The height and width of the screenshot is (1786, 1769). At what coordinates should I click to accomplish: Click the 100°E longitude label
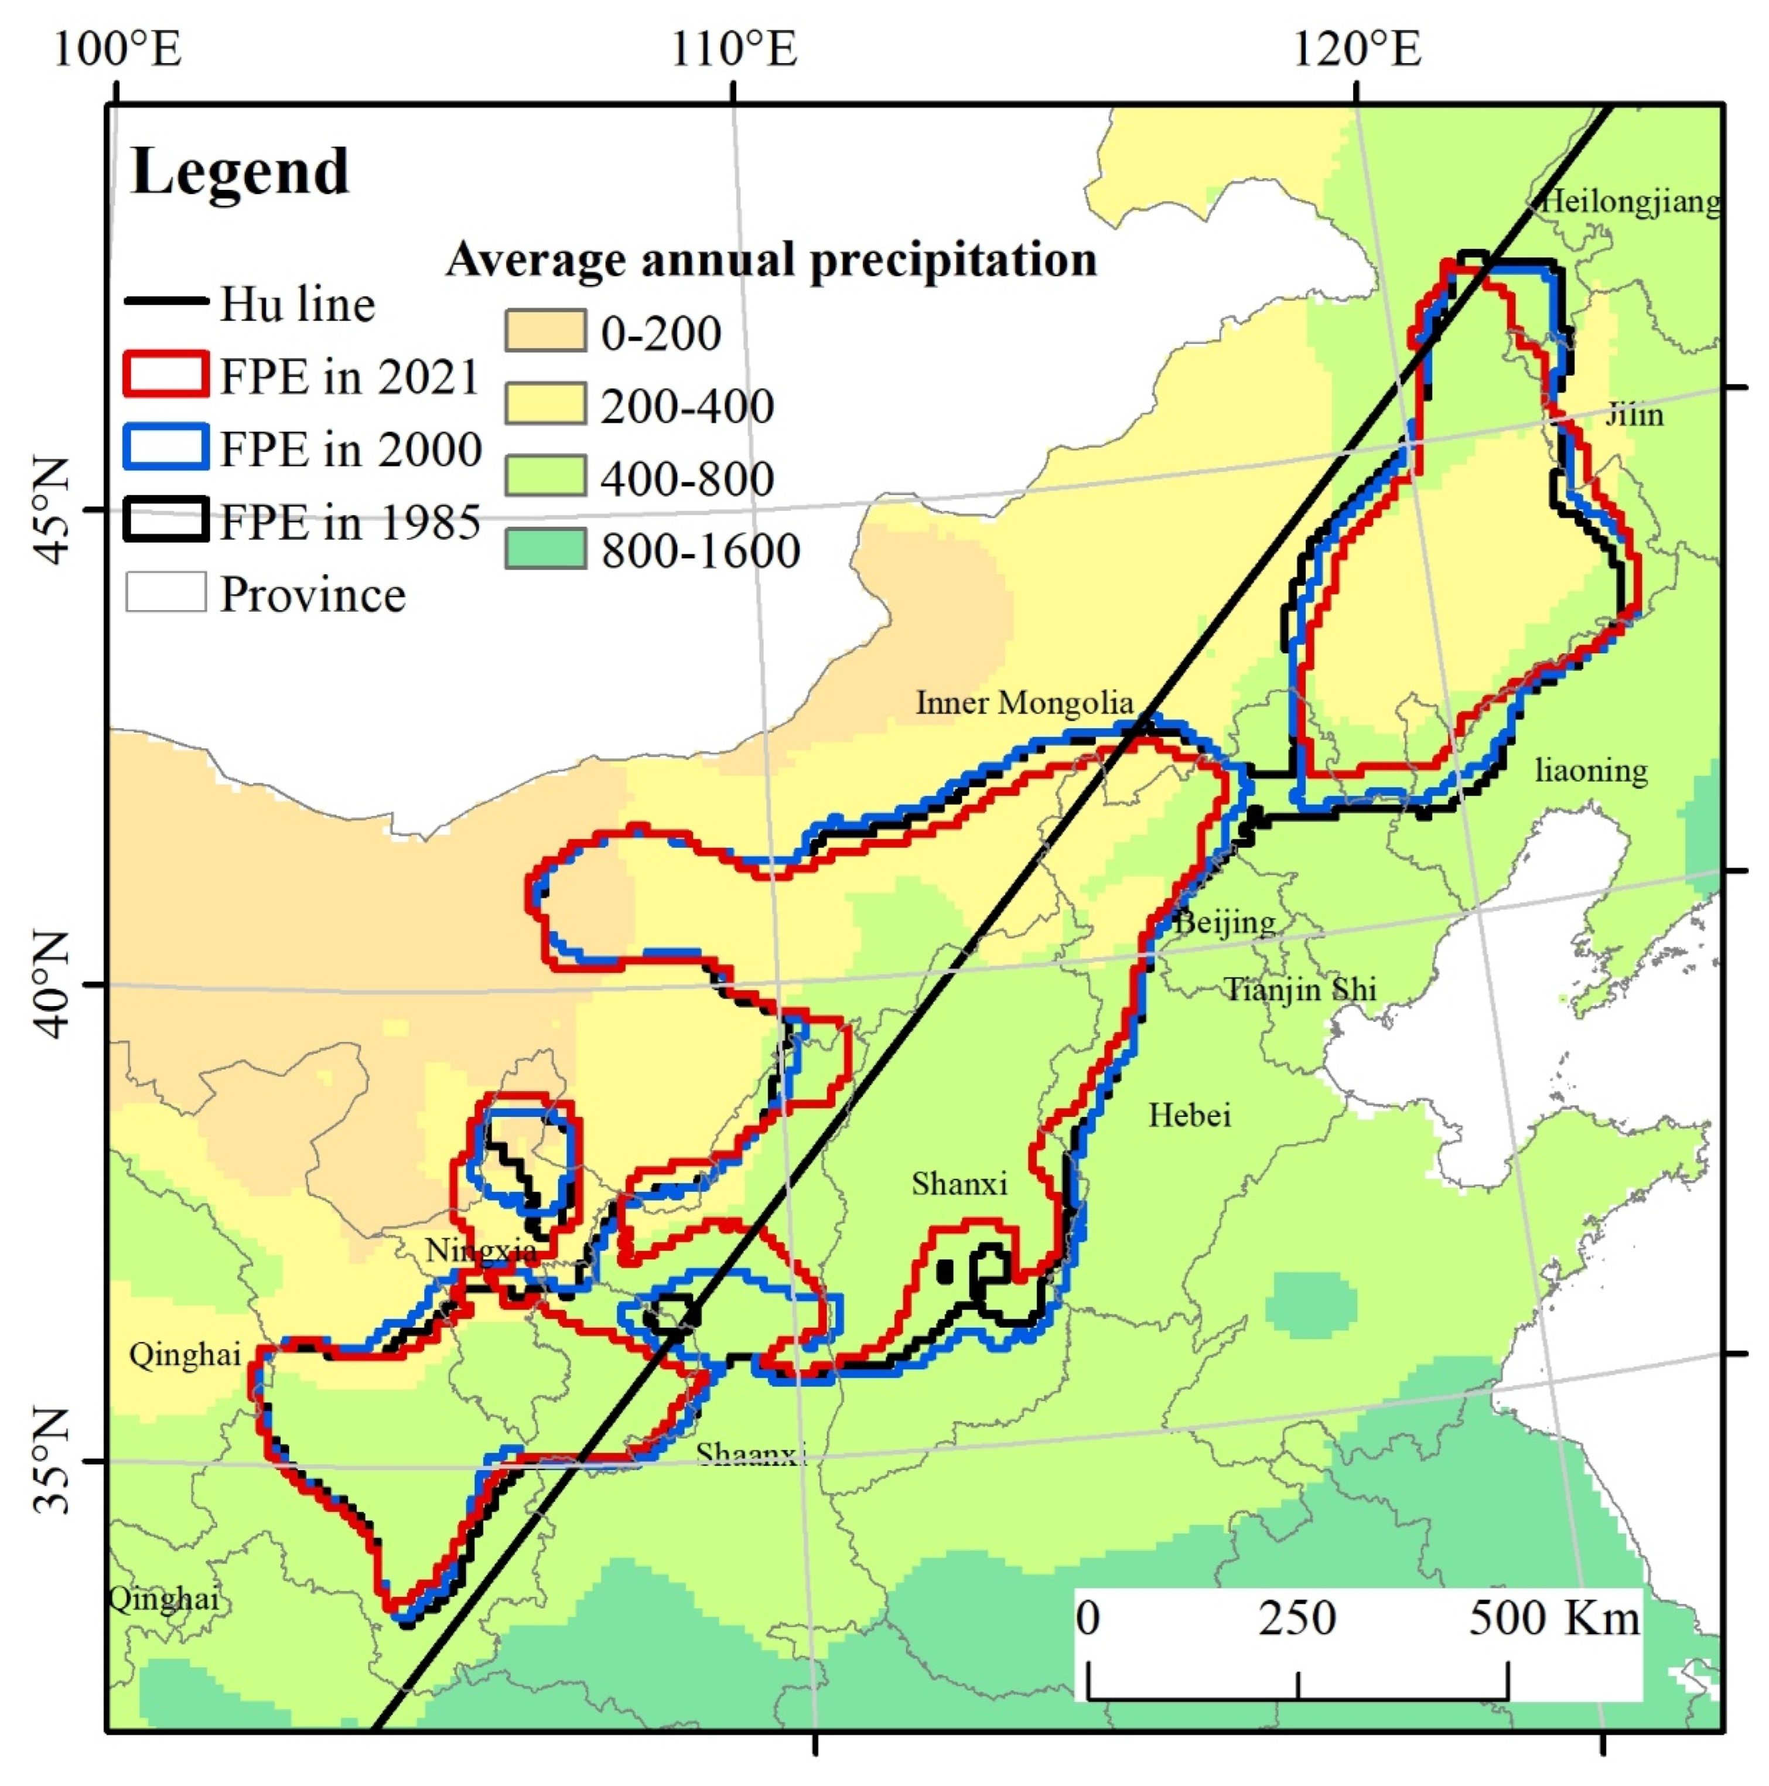click(x=117, y=48)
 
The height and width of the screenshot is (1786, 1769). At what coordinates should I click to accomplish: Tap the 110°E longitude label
click(x=734, y=48)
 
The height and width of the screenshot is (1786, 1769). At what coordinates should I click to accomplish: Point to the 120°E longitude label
click(x=1356, y=48)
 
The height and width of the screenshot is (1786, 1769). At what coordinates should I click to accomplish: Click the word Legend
click(x=240, y=172)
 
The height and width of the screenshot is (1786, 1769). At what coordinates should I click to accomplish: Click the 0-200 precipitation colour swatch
click(x=545, y=331)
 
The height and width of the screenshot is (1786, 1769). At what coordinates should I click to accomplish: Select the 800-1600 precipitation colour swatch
click(x=545, y=549)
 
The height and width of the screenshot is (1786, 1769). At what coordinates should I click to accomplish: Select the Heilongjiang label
click(x=1631, y=202)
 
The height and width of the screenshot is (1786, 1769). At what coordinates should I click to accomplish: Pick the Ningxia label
click(x=480, y=1251)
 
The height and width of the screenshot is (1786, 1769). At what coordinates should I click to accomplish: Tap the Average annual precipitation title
click(x=772, y=260)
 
